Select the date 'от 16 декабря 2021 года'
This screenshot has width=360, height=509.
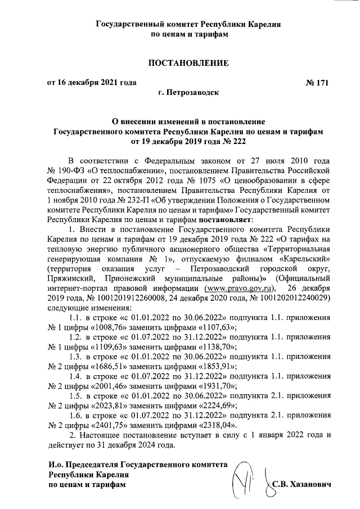(91, 83)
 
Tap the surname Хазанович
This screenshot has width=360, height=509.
(312, 484)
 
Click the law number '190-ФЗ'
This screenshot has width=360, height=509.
(73, 169)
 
